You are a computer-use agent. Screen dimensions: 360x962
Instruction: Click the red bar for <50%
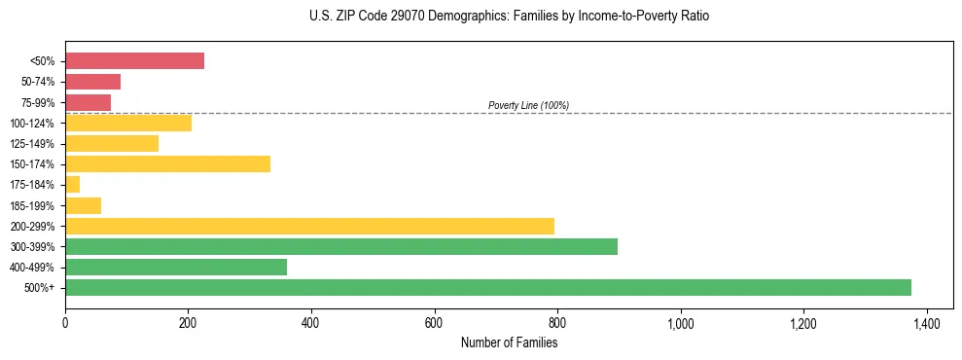134,61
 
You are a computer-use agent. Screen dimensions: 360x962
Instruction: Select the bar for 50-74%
92,82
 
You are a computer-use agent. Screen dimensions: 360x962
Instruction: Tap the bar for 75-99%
88,102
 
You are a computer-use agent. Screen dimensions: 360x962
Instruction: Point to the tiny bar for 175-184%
72,184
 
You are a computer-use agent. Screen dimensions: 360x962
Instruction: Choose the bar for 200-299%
309,226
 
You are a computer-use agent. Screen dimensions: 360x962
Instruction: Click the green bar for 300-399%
340,246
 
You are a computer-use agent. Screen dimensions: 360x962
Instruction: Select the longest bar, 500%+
487,287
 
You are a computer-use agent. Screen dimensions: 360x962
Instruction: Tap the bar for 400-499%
176,267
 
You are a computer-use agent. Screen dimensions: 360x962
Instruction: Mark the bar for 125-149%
112,143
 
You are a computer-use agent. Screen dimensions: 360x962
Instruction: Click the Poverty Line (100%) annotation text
528,105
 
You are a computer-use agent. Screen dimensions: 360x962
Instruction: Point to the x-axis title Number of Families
509,342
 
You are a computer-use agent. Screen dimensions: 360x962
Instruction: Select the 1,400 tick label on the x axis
926,323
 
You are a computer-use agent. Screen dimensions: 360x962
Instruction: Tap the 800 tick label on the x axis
557,323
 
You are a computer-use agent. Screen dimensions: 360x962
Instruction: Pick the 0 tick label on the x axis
65,323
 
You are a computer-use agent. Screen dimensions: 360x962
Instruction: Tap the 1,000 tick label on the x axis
680,323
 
